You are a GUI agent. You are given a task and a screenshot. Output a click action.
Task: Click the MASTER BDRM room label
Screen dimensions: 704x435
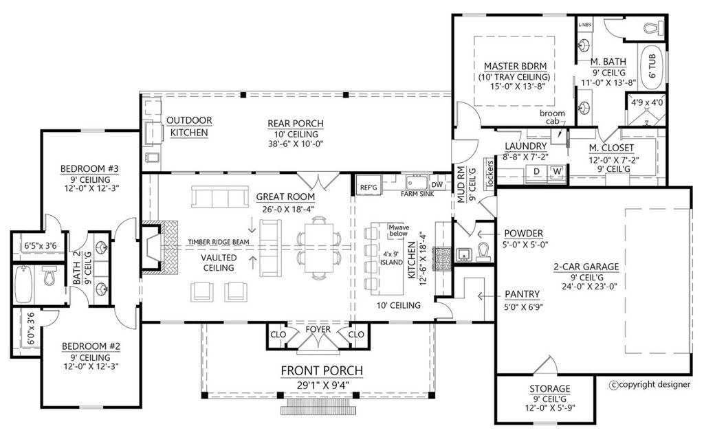(x=514, y=66)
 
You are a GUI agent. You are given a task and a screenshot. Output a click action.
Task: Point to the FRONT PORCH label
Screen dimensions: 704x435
(x=322, y=371)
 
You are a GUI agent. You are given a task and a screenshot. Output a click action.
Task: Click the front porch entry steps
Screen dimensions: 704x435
(x=318, y=410)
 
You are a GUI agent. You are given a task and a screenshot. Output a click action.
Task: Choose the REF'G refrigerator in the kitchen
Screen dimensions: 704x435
(x=369, y=187)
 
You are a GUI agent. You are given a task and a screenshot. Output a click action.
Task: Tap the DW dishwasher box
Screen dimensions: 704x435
(x=437, y=184)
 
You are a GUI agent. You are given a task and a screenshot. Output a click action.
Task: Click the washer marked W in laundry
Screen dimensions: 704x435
(x=557, y=171)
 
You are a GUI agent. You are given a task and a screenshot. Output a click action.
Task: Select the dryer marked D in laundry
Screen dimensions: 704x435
(x=536, y=171)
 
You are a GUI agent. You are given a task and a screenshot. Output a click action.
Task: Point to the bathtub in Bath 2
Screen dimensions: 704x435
(x=23, y=285)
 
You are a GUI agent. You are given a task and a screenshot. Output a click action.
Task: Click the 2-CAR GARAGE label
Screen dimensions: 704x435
(x=586, y=267)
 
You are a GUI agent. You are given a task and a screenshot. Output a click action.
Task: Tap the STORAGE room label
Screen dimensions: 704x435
(x=549, y=389)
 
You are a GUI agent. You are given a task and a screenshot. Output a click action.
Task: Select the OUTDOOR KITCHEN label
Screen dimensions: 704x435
(x=189, y=126)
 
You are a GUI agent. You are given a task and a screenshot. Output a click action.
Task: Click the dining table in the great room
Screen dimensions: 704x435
(x=319, y=247)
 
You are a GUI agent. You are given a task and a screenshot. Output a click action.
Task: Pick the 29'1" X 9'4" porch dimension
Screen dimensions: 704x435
(x=322, y=385)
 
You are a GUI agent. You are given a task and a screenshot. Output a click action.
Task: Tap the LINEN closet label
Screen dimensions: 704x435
(x=584, y=25)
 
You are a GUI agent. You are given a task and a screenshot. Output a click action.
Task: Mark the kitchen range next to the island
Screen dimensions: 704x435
(x=439, y=259)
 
